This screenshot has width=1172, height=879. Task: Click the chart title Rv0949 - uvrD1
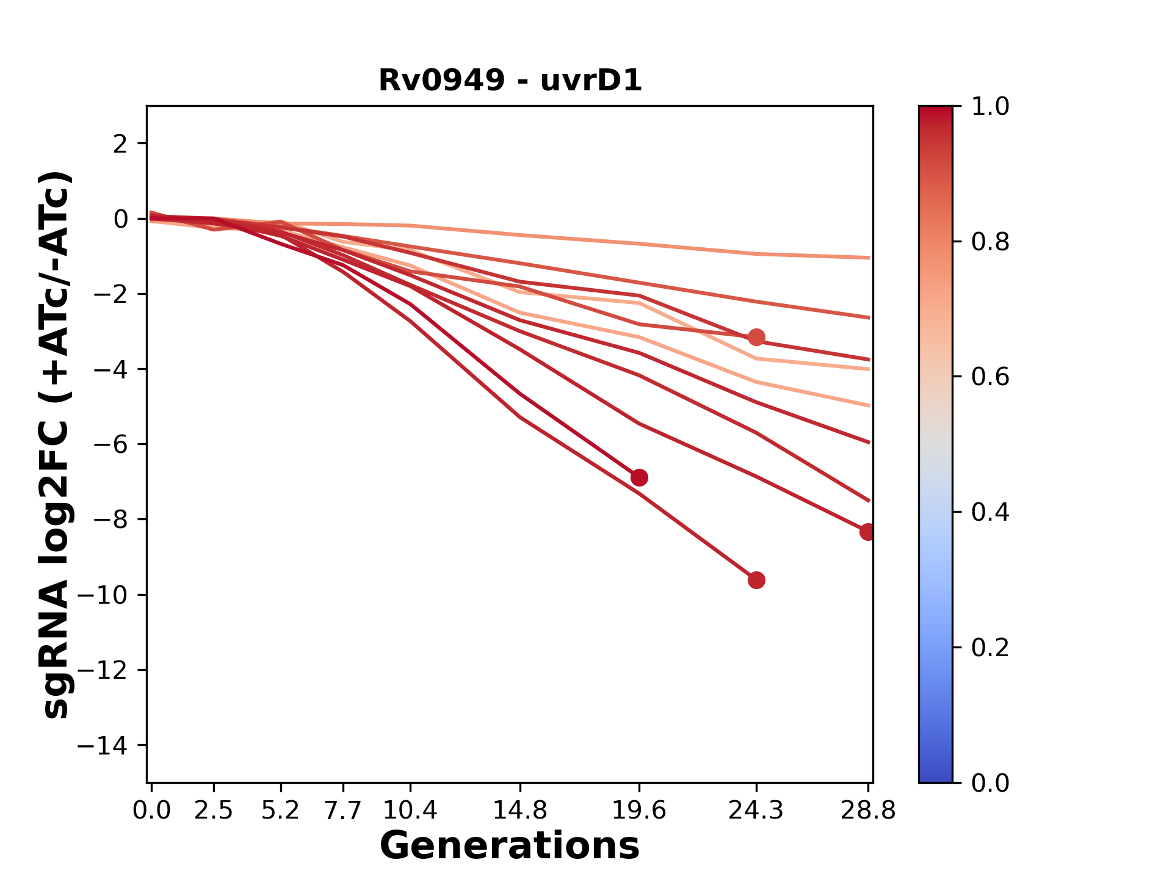point(510,81)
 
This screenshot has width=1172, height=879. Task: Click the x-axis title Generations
point(510,846)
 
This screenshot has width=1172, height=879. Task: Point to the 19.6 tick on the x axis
point(638,811)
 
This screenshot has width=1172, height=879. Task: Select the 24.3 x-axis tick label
point(756,811)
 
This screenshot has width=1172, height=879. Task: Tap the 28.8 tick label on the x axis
point(868,811)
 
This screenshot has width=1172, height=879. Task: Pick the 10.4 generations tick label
point(410,811)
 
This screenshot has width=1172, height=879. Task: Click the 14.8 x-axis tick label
point(519,811)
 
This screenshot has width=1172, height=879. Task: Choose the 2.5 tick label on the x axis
point(214,811)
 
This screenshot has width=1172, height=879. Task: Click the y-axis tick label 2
point(121,143)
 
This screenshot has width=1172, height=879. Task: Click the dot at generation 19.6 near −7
point(638,477)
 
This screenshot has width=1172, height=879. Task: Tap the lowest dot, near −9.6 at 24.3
point(756,580)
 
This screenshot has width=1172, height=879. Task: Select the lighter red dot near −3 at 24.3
point(756,337)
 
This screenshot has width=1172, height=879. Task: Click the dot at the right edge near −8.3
point(867,532)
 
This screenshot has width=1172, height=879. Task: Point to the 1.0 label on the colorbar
point(990,107)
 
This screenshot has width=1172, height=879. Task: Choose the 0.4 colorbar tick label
point(990,512)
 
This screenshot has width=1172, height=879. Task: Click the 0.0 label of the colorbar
point(990,783)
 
